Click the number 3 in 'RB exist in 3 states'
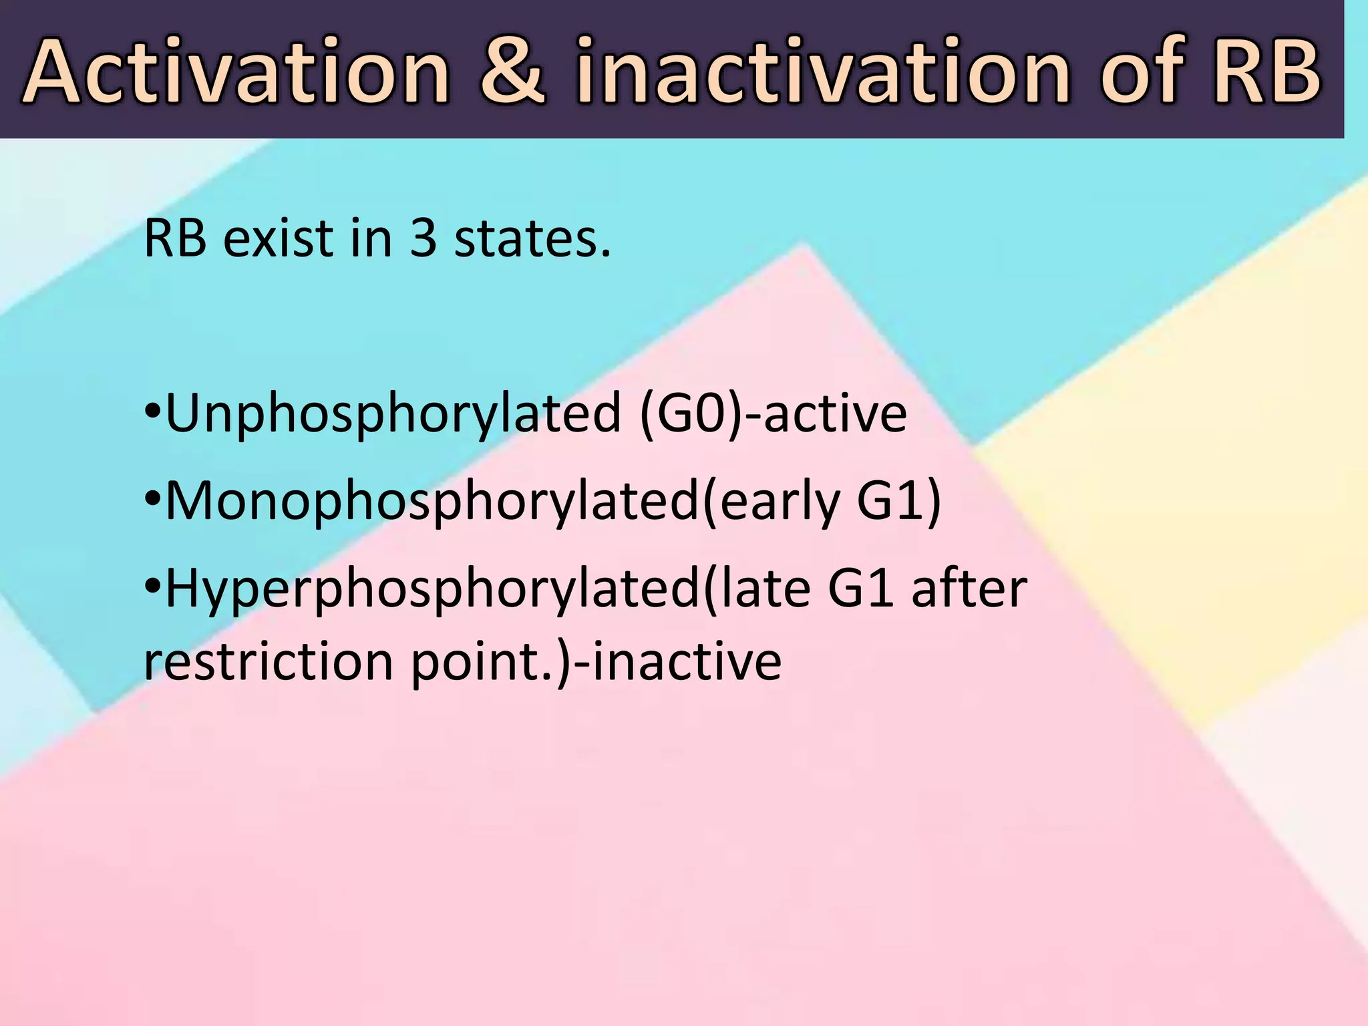pos(423,239)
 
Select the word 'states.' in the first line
pos(532,239)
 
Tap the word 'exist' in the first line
pos(278,239)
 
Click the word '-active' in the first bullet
pos(825,414)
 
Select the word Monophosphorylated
pos(431,502)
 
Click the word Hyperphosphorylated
pos(431,589)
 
